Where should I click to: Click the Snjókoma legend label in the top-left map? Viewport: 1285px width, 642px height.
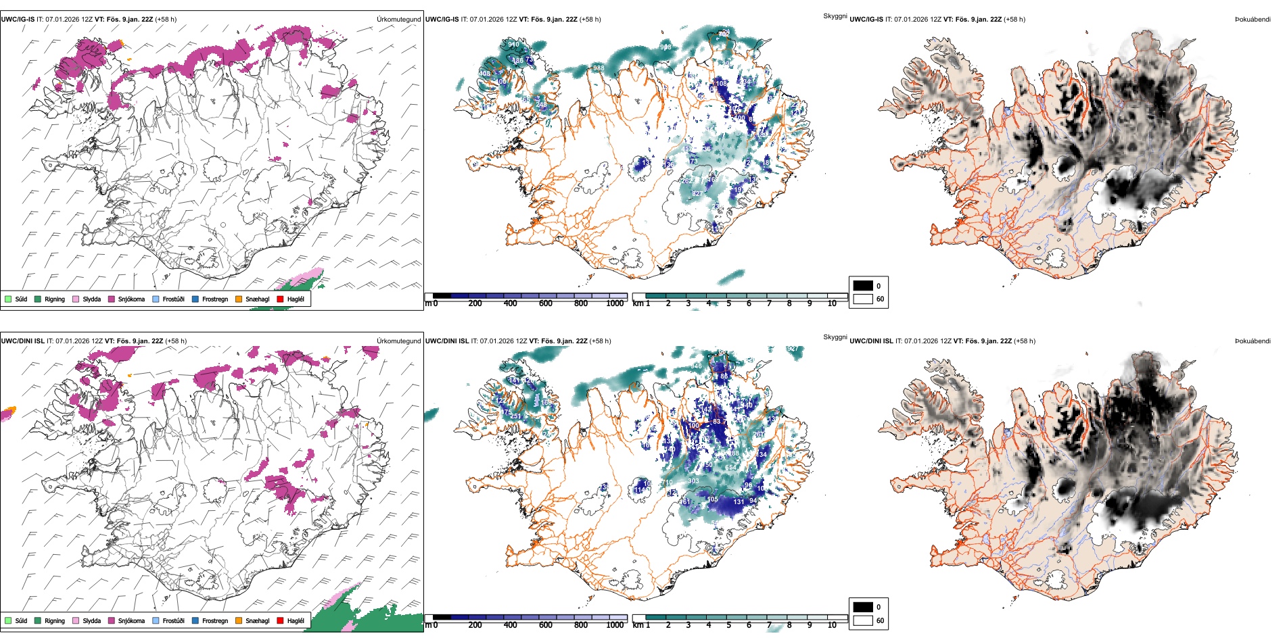point(131,299)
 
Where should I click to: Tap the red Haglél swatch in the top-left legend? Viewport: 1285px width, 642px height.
point(280,299)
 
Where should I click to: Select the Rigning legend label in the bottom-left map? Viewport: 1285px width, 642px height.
point(55,620)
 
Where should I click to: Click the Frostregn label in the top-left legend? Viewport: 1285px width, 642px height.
point(215,299)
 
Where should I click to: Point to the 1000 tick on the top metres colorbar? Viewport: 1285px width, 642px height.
point(615,303)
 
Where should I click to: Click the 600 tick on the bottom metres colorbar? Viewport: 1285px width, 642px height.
point(546,625)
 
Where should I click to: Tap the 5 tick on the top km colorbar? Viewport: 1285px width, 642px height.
point(728,303)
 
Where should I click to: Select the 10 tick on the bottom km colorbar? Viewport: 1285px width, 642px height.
point(832,625)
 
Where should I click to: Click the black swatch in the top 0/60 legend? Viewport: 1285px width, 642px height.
point(863,286)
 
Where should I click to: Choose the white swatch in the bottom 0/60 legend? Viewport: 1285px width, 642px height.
point(863,620)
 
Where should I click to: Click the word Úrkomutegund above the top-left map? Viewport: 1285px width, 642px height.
point(398,20)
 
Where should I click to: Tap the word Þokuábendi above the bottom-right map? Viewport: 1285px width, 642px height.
point(1253,341)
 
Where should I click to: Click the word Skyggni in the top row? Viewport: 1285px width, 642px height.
point(835,16)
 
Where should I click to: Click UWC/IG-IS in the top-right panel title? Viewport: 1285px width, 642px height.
point(866,20)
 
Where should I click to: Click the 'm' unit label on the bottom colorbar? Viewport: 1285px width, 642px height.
point(427,625)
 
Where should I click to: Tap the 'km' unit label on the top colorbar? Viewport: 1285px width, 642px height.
point(638,303)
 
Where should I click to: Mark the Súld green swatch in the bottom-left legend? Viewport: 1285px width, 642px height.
point(8,620)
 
